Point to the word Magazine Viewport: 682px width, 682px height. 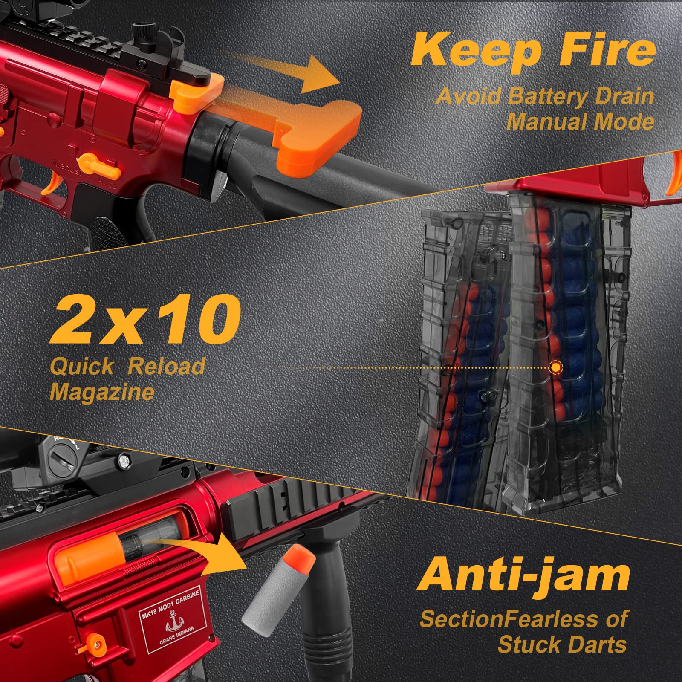point(101,391)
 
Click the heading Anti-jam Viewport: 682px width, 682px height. point(525,575)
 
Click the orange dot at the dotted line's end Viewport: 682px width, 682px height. point(556,367)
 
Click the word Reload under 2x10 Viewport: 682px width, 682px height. point(167,367)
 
